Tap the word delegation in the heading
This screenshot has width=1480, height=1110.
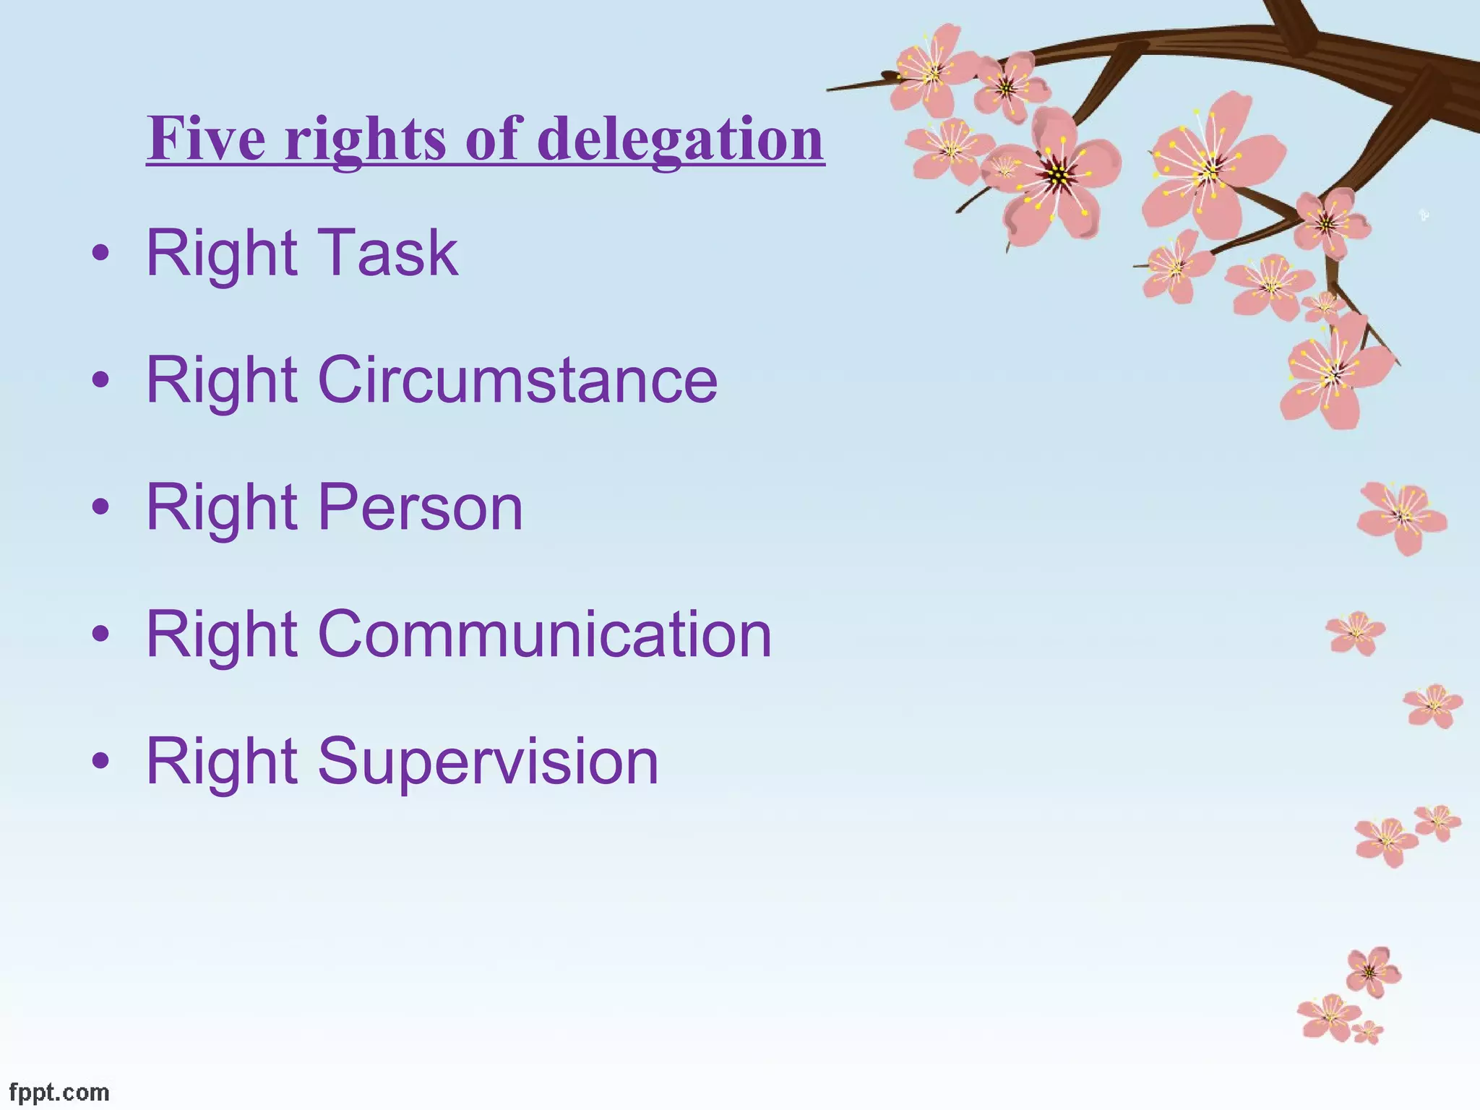click(680, 139)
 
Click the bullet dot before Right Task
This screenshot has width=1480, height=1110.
click(101, 253)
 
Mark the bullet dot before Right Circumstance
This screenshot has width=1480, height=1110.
click(101, 379)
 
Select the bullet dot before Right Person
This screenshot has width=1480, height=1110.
click(101, 507)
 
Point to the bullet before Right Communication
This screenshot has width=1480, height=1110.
click(101, 634)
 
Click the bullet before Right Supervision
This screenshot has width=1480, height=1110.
click(101, 761)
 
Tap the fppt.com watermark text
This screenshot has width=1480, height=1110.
click(59, 1092)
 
